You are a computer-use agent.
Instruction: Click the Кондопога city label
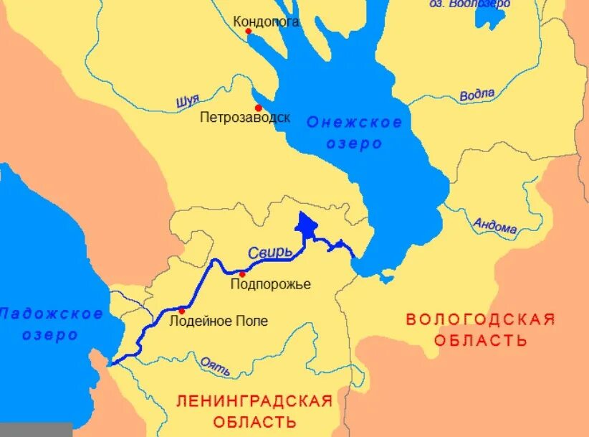[266, 22]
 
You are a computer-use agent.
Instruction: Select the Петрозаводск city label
[245, 118]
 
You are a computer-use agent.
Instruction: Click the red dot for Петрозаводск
[258, 108]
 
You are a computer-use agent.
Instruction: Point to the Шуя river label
[187, 101]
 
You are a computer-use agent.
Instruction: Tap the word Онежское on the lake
[354, 122]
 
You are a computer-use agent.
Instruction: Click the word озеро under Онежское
[355, 143]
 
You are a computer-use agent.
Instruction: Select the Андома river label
[495, 227]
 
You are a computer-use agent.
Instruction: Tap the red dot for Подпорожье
[242, 274]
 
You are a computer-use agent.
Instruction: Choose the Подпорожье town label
[270, 285]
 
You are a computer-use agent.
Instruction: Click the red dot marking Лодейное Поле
[182, 311]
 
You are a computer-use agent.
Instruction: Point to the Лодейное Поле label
[218, 321]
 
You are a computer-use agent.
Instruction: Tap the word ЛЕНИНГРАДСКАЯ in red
[254, 400]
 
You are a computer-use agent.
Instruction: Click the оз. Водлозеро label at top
[469, 4]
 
